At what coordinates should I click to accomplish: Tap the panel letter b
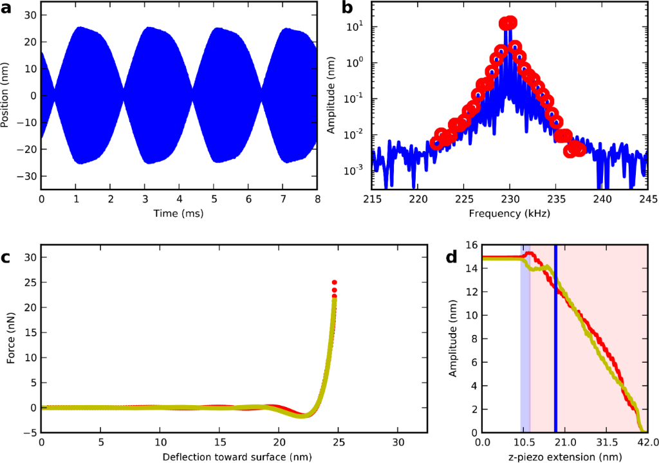point(348,9)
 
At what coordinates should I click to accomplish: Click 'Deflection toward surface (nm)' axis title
point(234,455)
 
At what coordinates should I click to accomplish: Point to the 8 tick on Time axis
point(316,198)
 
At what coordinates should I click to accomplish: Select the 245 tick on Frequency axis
point(647,198)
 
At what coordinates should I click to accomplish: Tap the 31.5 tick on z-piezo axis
point(606,442)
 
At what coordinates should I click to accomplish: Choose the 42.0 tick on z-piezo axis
point(647,442)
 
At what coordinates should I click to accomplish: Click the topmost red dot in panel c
point(335,282)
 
